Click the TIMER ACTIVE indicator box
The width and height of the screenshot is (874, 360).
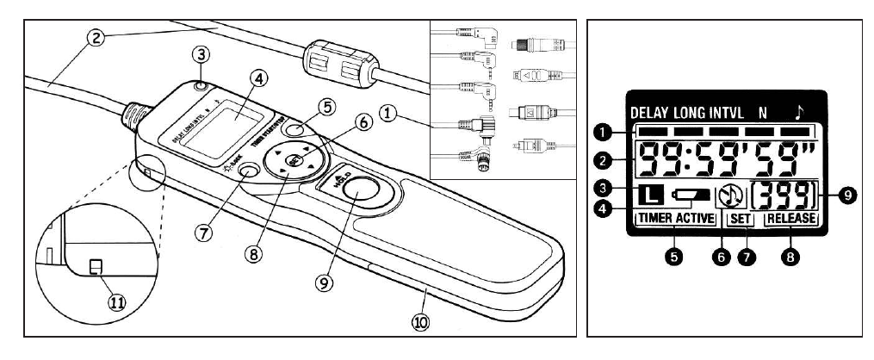pos(677,219)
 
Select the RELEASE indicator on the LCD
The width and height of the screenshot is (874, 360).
pos(790,219)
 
